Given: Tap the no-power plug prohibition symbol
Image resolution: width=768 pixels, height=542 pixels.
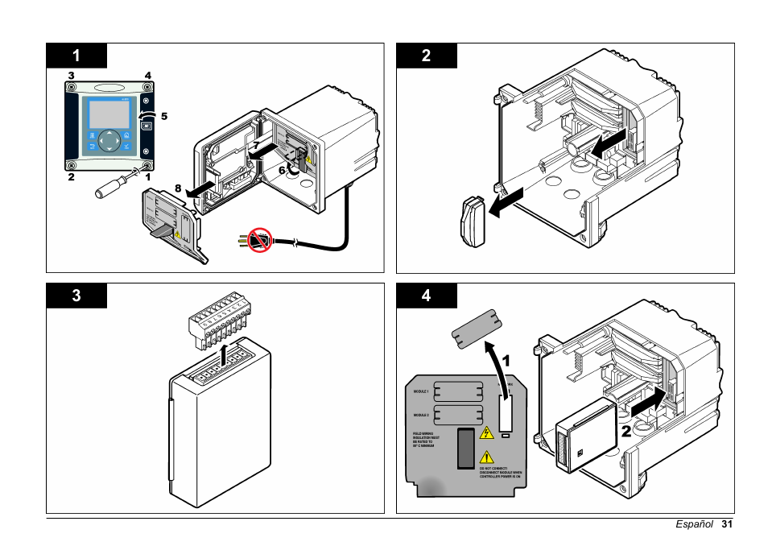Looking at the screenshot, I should tap(260, 240).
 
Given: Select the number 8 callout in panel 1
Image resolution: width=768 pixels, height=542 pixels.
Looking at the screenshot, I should tap(178, 188).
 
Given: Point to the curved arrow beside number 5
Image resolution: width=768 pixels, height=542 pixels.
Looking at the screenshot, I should tap(147, 118).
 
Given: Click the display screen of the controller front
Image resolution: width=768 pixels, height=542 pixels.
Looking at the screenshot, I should tap(105, 114).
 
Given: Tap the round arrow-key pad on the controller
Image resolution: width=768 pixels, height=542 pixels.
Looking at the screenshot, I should tap(109, 142).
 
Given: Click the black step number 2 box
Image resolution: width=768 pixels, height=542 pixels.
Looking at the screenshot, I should tap(427, 56).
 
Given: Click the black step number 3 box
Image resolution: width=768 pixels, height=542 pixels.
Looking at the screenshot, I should tap(76, 296).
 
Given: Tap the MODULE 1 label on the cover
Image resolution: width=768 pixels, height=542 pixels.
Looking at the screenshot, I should tap(421, 391).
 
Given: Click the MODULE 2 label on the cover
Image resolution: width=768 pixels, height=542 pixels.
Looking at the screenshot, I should tap(421, 416).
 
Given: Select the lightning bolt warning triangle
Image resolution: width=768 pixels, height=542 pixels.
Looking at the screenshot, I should tap(486, 433).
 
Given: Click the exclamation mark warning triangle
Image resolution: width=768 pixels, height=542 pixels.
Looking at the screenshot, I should tap(486, 457).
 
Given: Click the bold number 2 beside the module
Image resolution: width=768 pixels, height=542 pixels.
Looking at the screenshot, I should tap(626, 430).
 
